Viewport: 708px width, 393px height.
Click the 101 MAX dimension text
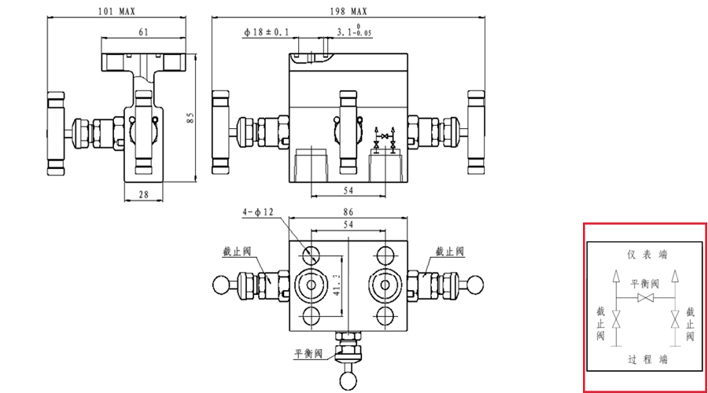pos(116,13)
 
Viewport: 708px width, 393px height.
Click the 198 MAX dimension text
pos(349,13)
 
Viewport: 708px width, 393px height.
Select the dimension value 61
pos(144,32)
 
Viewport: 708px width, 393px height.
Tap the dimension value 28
pos(143,193)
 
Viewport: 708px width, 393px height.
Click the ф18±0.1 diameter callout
pos(267,32)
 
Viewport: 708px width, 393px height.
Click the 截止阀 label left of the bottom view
pos(236,252)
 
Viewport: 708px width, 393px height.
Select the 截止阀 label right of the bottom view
pos(451,252)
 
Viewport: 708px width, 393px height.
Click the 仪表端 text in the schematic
pos(647,254)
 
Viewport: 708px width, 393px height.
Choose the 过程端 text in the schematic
pos(647,359)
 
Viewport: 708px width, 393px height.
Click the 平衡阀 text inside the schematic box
pos(646,283)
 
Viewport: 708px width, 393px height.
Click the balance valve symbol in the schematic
pos(646,299)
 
